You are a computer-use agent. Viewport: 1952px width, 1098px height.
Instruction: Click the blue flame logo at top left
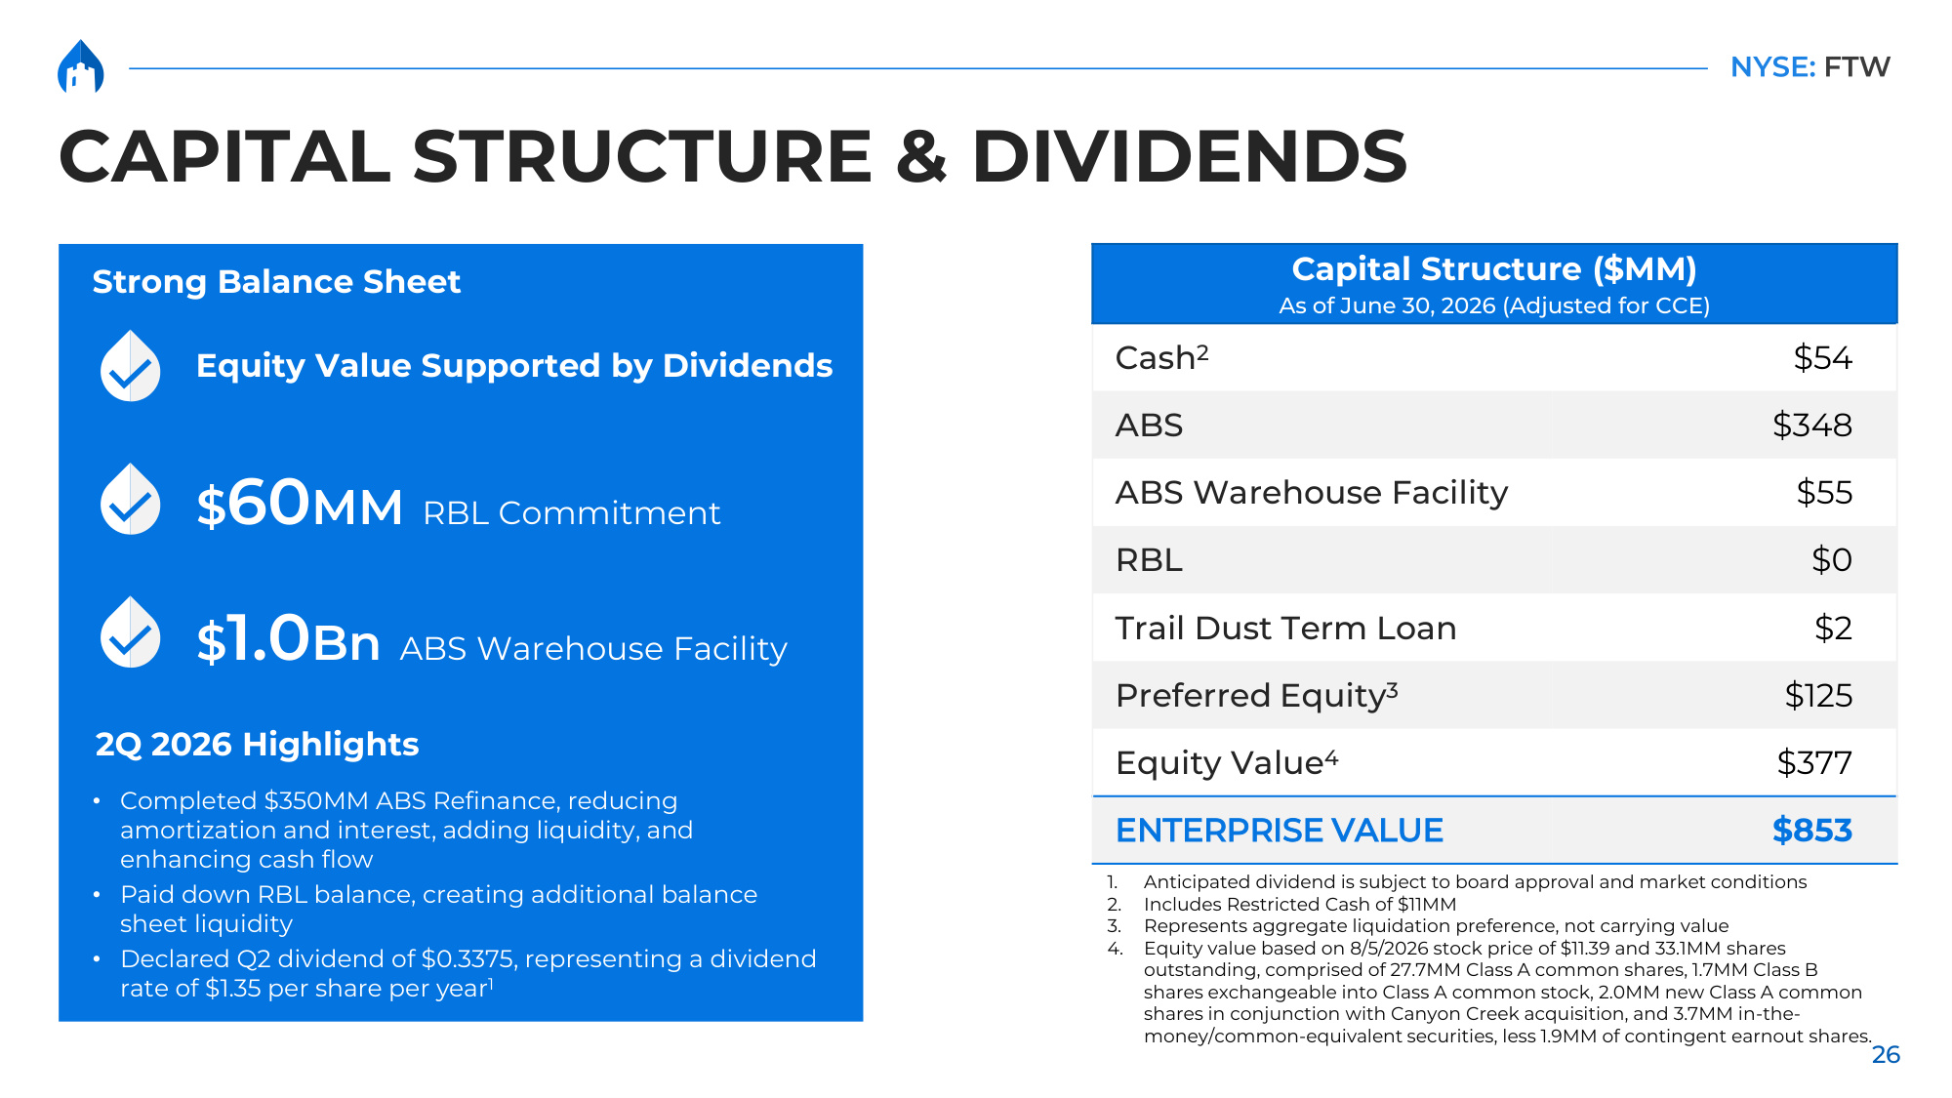[x=81, y=66]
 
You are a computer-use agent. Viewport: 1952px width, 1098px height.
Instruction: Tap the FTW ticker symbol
[x=1857, y=66]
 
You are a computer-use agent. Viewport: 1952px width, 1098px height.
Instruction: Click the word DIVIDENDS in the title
[x=1189, y=156]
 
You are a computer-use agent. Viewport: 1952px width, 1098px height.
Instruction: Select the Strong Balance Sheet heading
[x=276, y=281]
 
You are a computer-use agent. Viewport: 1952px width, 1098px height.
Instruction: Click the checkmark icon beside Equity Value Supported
[x=131, y=366]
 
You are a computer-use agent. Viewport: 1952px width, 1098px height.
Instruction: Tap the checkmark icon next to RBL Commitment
[x=131, y=499]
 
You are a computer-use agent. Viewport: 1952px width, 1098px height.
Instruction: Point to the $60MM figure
[x=300, y=504]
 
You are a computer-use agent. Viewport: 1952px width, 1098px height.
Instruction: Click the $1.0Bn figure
[x=288, y=639]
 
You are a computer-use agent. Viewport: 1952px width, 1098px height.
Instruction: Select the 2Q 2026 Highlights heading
[x=257, y=744]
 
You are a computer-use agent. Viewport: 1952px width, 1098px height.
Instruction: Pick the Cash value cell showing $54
[x=1822, y=357]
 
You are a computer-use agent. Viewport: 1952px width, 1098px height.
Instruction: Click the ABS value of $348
[x=1811, y=425]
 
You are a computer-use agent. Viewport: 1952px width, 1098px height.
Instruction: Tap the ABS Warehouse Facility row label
[x=1312, y=492]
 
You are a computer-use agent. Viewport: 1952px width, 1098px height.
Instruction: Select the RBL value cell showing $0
[x=1831, y=559]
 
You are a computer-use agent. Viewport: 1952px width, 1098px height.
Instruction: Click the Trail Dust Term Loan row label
[x=1285, y=628]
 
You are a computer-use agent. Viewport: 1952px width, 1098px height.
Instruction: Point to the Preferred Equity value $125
[x=1818, y=695]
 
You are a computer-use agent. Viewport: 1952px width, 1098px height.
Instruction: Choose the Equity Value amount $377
[x=1814, y=762]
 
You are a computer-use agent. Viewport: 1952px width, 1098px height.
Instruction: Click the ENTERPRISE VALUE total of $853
[x=1811, y=830]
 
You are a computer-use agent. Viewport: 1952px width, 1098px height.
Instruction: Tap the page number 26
[x=1886, y=1054]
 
